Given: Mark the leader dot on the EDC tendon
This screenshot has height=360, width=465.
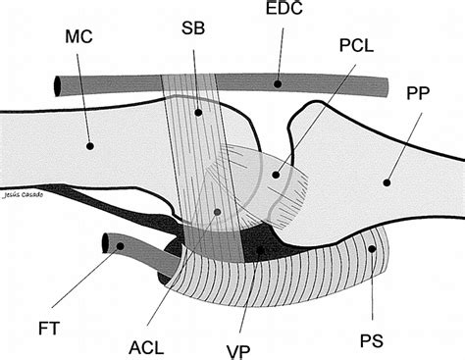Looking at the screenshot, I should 278,84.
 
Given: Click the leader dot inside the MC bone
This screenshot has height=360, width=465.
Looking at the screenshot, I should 89,145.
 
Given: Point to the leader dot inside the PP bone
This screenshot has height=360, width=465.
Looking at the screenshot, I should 387,180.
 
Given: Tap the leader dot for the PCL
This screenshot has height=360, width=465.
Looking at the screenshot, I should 276,176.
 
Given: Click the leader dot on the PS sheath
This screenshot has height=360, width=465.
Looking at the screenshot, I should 371,250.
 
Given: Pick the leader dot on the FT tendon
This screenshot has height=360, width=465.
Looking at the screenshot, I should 122,247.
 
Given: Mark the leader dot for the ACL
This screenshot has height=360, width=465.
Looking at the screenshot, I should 217,212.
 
